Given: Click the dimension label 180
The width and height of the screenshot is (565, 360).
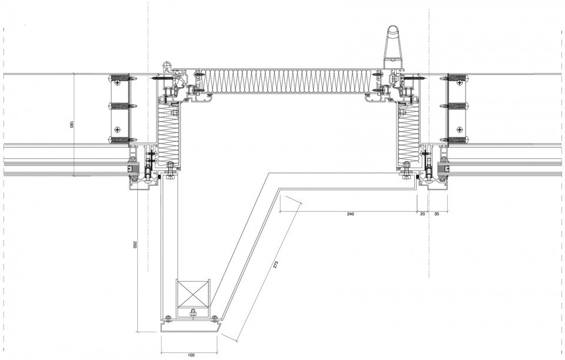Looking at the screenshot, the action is tap(71, 125).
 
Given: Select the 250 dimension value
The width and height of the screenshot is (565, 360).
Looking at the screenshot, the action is tap(135, 245).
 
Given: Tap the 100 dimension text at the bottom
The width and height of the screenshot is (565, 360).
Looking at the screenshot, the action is tap(191, 355).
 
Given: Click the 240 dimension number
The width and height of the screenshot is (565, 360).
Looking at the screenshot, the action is tap(350, 214).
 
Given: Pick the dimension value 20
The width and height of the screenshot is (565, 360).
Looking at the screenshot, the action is tap(423, 214).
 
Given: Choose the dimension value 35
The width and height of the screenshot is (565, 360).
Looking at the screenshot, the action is tap(437, 214).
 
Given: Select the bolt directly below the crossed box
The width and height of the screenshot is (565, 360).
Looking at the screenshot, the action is tap(192, 313).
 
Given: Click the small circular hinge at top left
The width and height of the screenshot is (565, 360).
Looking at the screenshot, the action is tap(167, 65).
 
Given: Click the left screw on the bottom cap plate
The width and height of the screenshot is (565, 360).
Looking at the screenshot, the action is tap(167, 318).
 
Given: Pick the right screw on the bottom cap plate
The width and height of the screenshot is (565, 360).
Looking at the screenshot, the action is tap(215, 318).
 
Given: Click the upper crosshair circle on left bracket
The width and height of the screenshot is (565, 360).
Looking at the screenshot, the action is tap(117, 83).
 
